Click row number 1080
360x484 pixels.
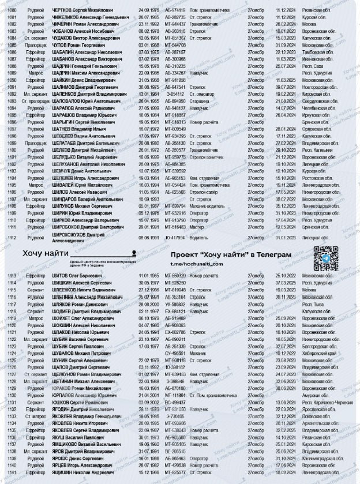point(11,10)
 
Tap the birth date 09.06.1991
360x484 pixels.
point(149,237)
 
